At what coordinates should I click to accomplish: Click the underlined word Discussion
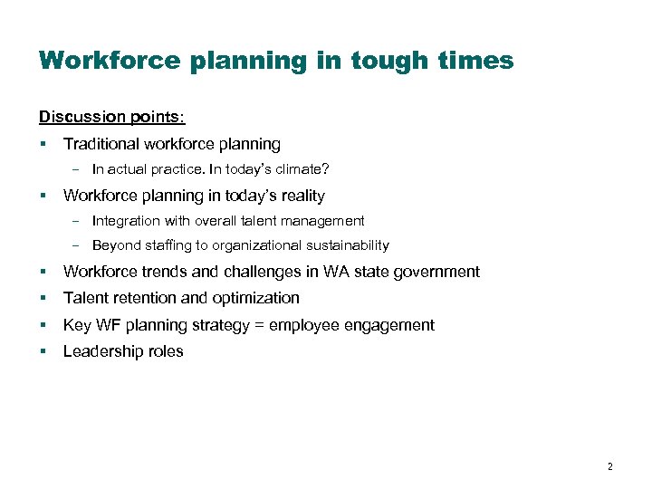pos(76,117)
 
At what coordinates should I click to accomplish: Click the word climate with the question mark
pos(297,169)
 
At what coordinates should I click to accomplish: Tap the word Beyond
pos(114,245)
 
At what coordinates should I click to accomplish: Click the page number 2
pos(609,467)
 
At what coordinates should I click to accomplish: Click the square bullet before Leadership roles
pos(43,352)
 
